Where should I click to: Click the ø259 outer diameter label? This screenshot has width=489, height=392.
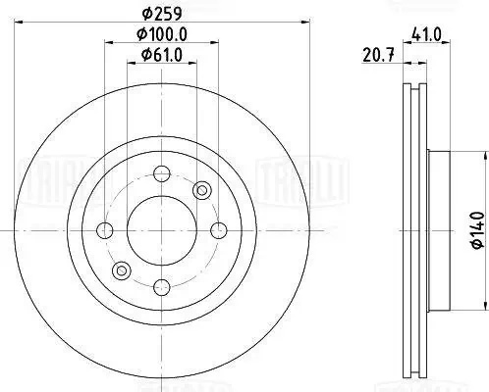pyautogui.click(x=162, y=14)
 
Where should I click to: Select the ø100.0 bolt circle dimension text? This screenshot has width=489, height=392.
pyautogui.click(x=162, y=34)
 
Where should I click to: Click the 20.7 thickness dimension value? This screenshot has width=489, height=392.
pyautogui.click(x=378, y=55)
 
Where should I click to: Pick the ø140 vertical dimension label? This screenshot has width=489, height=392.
pyautogui.click(x=478, y=230)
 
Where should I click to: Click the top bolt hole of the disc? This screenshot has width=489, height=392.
pyautogui.click(x=162, y=173)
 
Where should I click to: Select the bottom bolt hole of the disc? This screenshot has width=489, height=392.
pyautogui.click(x=162, y=287)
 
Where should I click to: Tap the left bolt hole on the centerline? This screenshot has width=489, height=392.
pyautogui.click(x=105, y=230)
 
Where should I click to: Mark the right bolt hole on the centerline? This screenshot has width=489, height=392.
pyautogui.click(x=219, y=230)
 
